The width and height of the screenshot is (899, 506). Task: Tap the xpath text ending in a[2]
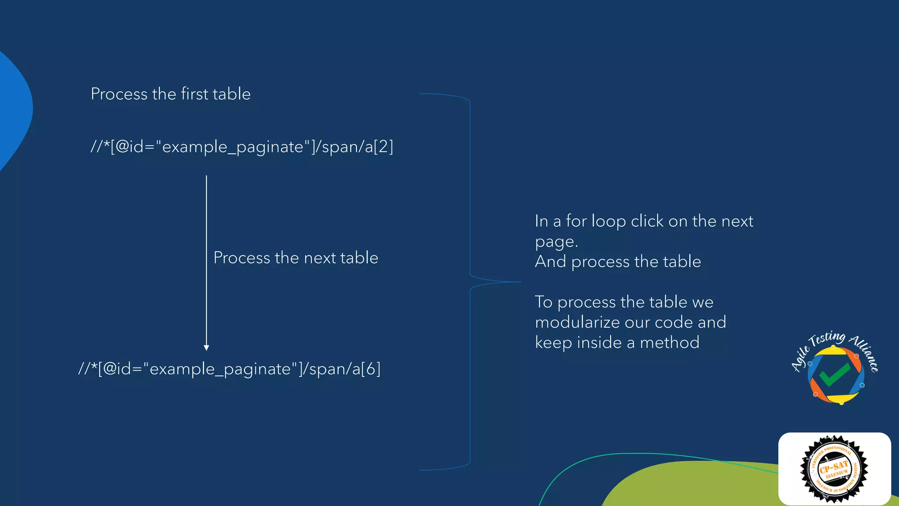pyautogui.click(x=242, y=147)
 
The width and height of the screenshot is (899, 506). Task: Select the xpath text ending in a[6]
pyautogui.click(x=229, y=369)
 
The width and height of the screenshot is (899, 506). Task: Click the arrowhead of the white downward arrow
pyautogui.click(x=206, y=347)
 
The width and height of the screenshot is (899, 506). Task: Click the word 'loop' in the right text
pyautogui.click(x=608, y=221)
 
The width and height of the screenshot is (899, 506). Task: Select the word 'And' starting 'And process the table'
pyautogui.click(x=550, y=262)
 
